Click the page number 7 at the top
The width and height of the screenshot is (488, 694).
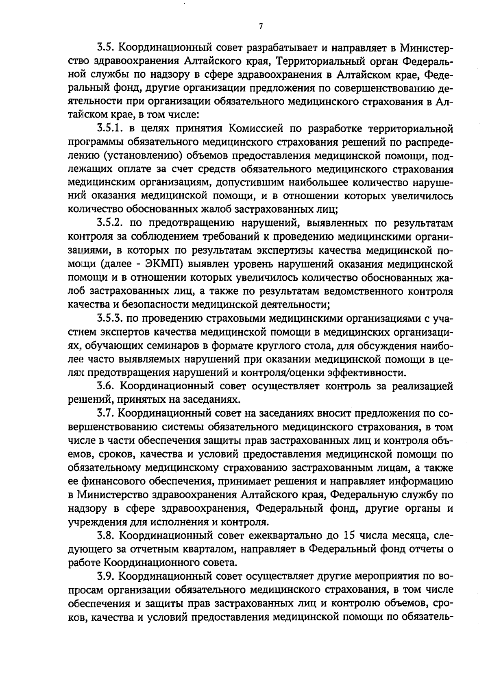pos(261,27)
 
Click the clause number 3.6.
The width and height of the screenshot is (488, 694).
pos(105,386)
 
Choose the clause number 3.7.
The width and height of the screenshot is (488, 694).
pos(105,414)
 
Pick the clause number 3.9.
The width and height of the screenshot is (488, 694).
pos(105,577)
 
